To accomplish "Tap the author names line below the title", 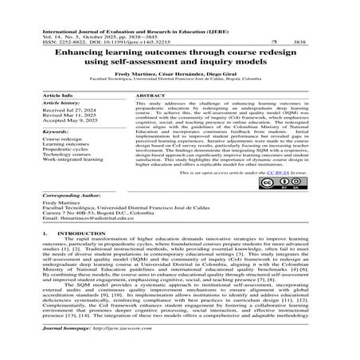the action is click(180, 74).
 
